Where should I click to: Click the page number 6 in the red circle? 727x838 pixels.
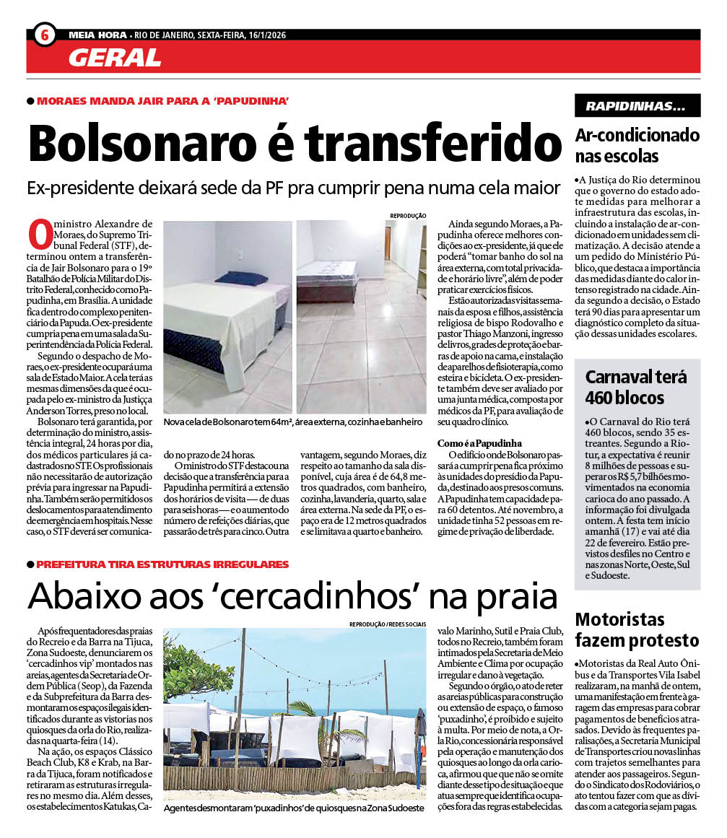click(x=45, y=34)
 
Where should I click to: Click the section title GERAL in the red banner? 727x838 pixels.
click(x=115, y=58)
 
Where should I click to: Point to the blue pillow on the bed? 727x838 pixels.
click(x=241, y=278)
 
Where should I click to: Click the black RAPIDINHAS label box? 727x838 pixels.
click(x=637, y=106)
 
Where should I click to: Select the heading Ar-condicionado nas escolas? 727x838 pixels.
click(x=637, y=145)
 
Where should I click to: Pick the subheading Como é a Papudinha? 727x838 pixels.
click(x=480, y=442)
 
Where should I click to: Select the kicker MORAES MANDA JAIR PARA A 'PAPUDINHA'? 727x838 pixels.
click(x=163, y=100)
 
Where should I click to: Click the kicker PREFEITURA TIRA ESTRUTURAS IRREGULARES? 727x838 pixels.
click(x=162, y=564)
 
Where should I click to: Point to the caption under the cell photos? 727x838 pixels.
click(x=292, y=422)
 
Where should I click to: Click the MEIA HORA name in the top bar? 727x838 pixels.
click(x=97, y=34)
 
